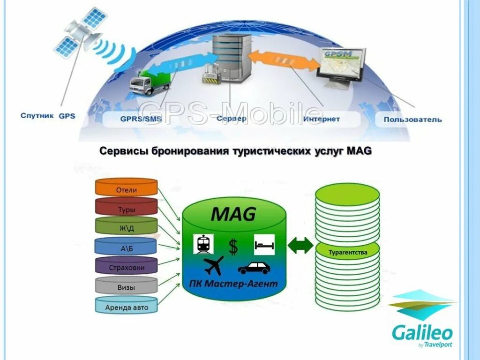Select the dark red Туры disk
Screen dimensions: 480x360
point(126,208)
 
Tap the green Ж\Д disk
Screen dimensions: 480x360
point(126,228)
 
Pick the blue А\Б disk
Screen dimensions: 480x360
point(126,247)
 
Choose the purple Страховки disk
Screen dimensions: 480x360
point(126,267)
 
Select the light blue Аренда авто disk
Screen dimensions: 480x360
point(126,306)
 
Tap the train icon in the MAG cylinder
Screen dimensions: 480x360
point(203,244)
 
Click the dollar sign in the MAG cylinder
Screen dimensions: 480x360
point(233,246)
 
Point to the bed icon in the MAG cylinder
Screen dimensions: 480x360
point(264,244)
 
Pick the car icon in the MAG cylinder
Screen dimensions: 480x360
point(254,267)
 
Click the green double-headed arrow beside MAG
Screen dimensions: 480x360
point(300,246)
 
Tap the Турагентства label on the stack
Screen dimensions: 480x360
point(347,252)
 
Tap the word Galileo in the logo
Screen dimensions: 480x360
point(422,333)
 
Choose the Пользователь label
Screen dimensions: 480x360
point(412,119)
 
